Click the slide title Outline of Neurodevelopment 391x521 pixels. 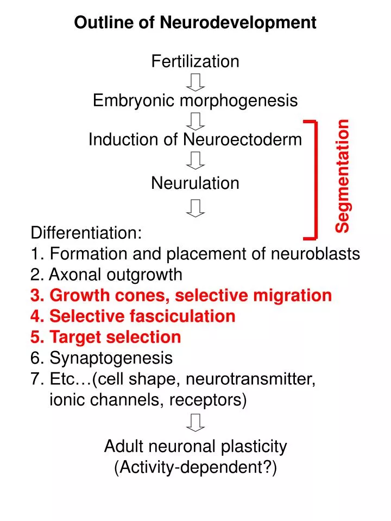(195, 22)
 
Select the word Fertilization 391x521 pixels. (195, 61)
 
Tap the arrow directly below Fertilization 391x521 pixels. (195, 81)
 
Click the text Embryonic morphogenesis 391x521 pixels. (195, 100)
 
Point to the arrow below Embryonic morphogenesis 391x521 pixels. (195, 120)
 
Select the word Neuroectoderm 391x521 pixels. (242, 139)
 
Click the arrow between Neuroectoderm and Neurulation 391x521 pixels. (195, 160)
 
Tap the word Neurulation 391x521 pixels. (195, 183)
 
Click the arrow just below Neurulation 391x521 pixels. (195, 208)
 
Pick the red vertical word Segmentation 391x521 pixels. (343, 176)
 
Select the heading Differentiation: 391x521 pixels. (86, 233)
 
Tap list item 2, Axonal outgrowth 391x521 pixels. (106, 275)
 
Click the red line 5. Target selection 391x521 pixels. (106, 337)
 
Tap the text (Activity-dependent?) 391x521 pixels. (195, 467)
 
